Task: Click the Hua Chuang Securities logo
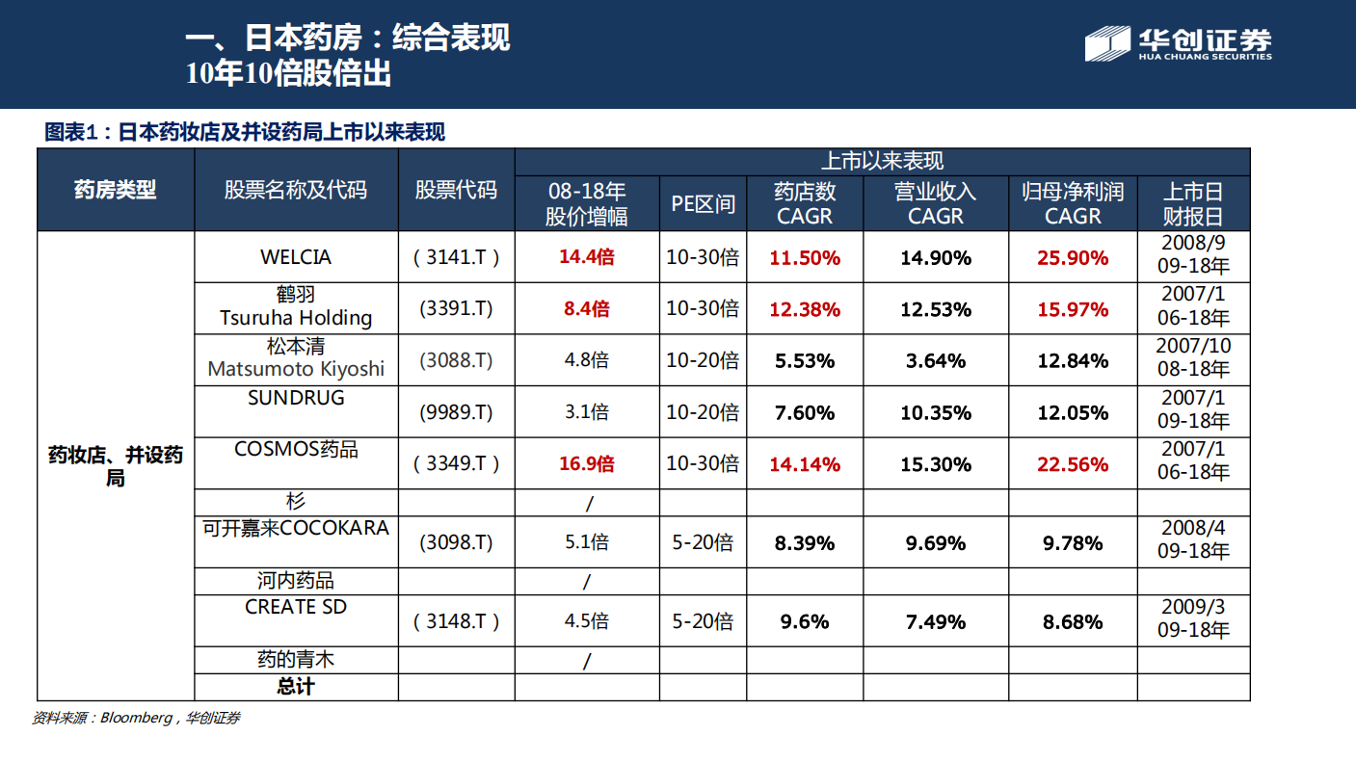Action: pyautogui.click(x=1178, y=44)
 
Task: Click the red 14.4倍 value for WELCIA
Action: pyautogui.click(x=586, y=257)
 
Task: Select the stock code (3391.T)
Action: pyautogui.click(x=456, y=309)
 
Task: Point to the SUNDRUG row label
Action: pyautogui.click(x=296, y=398)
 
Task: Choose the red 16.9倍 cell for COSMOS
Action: pyautogui.click(x=586, y=464)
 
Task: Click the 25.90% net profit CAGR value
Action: pyautogui.click(x=1072, y=257)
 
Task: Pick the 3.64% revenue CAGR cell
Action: pyautogui.click(x=935, y=361)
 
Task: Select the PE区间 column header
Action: pyautogui.click(x=703, y=203)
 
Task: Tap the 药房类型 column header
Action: pyautogui.click(x=115, y=190)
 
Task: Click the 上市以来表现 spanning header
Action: pyautogui.click(x=882, y=162)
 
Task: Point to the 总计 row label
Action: pyautogui.click(x=296, y=687)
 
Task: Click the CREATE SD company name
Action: pyautogui.click(x=296, y=607)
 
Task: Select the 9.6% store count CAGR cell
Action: pyautogui.click(x=804, y=621)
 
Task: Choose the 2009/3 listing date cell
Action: pyautogui.click(x=1193, y=619)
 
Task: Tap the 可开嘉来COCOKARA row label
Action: pyautogui.click(x=296, y=528)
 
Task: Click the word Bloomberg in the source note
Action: pyautogui.click(x=135, y=718)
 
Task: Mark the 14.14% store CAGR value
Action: pyautogui.click(x=804, y=464)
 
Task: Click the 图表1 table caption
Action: pyautogui.click(x=245, y=133)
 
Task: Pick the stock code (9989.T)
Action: pyautogui.click(x=456, y=412)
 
